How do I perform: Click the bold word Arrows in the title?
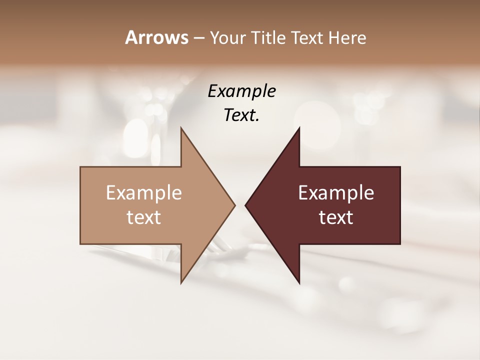tap(156, 37)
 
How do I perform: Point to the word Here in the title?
tap(348, 37)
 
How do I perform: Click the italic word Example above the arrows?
tap(241, 91)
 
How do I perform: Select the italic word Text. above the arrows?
tap(241, 115)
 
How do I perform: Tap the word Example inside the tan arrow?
tap(144, 193)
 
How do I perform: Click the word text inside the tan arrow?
tap(144, 217)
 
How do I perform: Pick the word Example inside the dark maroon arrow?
tap(336, 193)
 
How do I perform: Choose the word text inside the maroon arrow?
tap(336, 217)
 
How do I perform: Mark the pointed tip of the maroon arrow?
tap(246, 205)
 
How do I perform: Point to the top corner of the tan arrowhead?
tap(181, 128)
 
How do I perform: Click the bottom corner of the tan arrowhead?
tap(181, 282)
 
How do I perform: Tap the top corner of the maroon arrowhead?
tap(299, 128)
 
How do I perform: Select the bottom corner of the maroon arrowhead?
tap(299, 282)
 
